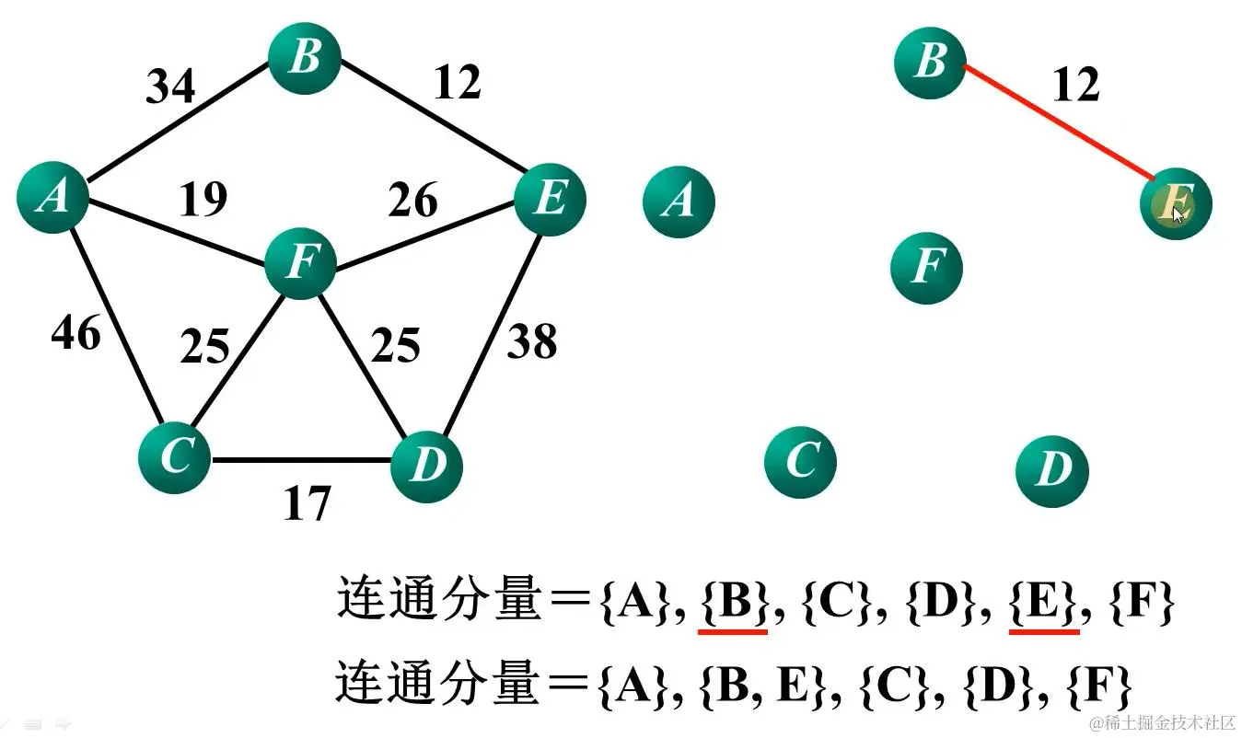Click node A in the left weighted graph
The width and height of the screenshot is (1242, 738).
coord(52,197)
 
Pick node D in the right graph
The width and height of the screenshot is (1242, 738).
coord(1052,471)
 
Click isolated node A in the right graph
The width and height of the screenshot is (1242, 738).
coord(679,201)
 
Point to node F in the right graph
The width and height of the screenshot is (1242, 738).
coord(926,267)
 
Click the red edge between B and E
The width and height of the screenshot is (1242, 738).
coord(1059,123)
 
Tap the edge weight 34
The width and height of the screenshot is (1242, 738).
coord(171,86)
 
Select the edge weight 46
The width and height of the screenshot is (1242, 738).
coord(75,333)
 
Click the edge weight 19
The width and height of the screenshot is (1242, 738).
coord(203,200)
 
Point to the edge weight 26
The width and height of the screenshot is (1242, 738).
coord(412,200)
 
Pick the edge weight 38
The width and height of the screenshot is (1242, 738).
coord(532,342)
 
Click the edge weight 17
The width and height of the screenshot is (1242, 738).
coord(307,503)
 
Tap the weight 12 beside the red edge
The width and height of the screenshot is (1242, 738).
coord(1075,86)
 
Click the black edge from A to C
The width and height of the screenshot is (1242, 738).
coord(110,322)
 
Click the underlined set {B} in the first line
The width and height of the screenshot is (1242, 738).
coord(733,604)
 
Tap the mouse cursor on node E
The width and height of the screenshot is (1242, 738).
coord(1178,213)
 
